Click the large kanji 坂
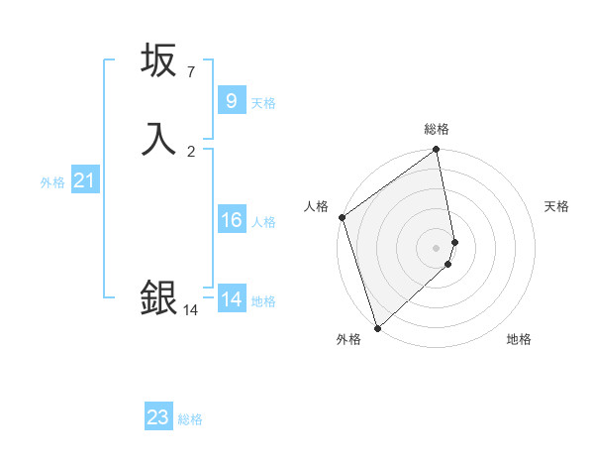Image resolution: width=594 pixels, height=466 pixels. [158, 61]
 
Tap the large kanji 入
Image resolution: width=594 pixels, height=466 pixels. [158, 138]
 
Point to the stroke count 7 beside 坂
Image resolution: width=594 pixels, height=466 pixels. [191, 72]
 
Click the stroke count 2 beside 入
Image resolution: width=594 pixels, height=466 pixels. [191, 151]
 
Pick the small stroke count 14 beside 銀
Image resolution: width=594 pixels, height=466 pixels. [190, 310]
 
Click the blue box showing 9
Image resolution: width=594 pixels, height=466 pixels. [231, 100]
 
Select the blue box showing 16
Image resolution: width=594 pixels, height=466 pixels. [231, 220]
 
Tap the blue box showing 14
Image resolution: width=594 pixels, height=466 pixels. [231, 299]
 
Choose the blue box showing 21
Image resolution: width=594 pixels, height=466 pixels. [85, 180]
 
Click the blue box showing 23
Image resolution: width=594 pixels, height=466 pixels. [158, 417]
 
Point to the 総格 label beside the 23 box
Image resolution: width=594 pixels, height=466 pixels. [191, 419]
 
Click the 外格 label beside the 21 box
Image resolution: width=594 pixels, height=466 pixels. [52, 182]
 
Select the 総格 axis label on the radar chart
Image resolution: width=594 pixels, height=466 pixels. [437, 129]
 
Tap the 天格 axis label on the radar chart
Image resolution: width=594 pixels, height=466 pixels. [557, 206]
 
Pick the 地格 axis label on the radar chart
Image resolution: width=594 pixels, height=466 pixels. [519, 339]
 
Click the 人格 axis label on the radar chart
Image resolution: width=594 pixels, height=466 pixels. [316, 206]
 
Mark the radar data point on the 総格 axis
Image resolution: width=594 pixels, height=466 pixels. [437, 151]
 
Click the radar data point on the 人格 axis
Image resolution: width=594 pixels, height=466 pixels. [342, 217]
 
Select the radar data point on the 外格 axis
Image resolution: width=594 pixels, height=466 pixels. [377, 327]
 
